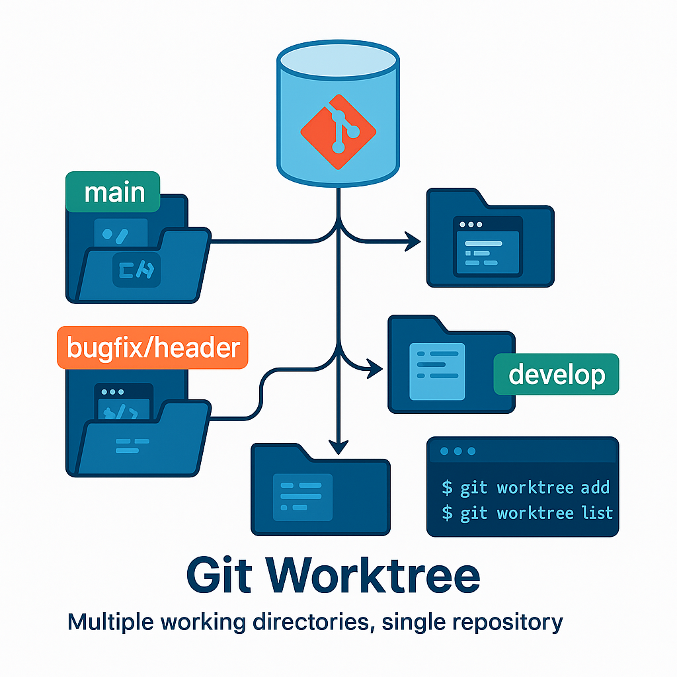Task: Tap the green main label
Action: (x=114, y=192)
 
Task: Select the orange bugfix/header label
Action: (x=152, y=347)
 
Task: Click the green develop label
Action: (x=556, y=375)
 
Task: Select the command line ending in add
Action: (x=526, y=489)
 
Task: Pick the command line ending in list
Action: (x=527, y=513)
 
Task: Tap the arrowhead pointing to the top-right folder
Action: (x=413, y=242)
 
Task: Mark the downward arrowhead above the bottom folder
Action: (x=338, y=448)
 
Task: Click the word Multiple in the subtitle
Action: (x=108, y=622)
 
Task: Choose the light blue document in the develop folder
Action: (x=432, y=371)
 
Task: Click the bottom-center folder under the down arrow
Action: (x=320, y=490)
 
